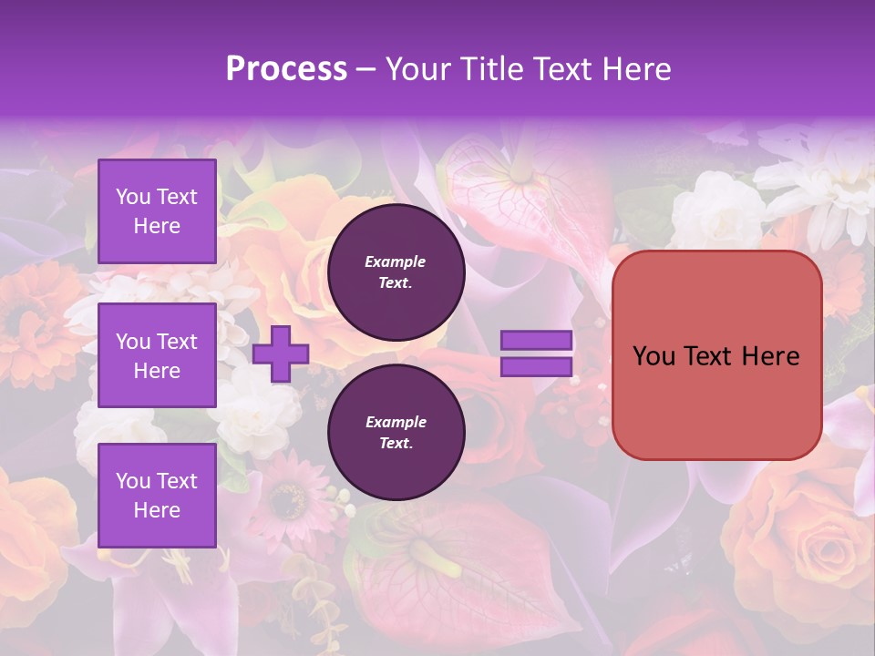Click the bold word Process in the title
pyautogui.click(x=286, y=69)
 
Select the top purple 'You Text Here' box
pyautogui.click(x=157, y=211)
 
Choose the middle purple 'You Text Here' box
pyautogui.click(x=157, y=355)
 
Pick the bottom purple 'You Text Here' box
pyautogui.click(x=157, y=496)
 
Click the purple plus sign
pyautogui.click(x=281, y=354)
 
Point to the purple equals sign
pyautogui.click(x=536, y=354)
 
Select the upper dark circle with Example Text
pyautogui.click(x=396, y=272)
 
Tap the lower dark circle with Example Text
pyautogui.click(x=396, y=433)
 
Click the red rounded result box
pyautogui.click(x=716, y=355)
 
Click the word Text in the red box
pyautogui.click(x=715, y=356)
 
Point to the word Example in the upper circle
pyautogui.click(x=396, y=262)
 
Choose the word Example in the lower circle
pyautogui.click(x=396, y=423)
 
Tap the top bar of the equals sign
pyautogui.click(x=536, y=341)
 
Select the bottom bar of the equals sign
pyautogui.click(x=536, y=367)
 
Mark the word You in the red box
pyautogui.click(x=654, y=356)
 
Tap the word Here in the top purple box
pyautogui.click(x=157, y=227)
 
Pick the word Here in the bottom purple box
pyautogui.click(x=157, y=511)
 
